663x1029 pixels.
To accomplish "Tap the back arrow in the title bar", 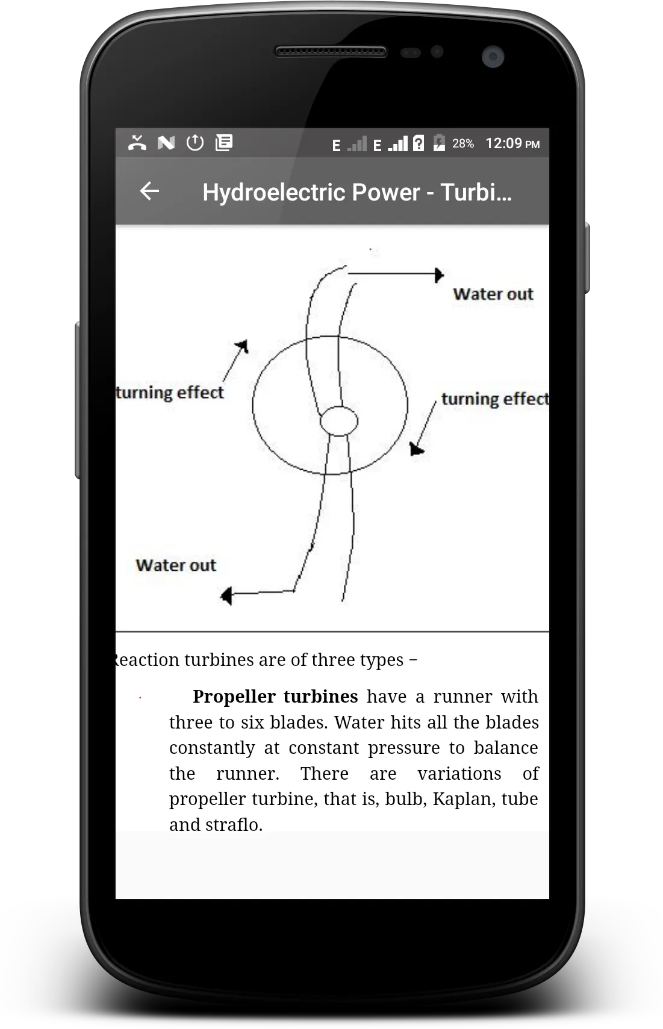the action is tap(149, 191).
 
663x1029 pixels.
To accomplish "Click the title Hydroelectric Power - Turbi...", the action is tap(357, 192).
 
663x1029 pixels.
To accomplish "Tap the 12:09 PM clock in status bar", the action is tap(512, 144).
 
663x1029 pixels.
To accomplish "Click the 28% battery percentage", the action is tap(462, 144).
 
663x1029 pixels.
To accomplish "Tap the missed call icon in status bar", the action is tap(137, 143).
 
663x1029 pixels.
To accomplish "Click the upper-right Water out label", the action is tap(493, 294).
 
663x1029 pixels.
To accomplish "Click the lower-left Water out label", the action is tap(175, 565).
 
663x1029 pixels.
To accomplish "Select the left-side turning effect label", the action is tap(170, 393).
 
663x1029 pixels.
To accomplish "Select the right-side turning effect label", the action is tap(495, 399).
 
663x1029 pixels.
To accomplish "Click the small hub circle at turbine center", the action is tap(339, 421).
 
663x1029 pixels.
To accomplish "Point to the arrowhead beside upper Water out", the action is tap(439, 276).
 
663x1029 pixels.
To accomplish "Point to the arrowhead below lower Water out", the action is tap(226, 596).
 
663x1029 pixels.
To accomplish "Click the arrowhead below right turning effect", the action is tap(416, 449).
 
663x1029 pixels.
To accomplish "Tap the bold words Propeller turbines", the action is tap(275, 697).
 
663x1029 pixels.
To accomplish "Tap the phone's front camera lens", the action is tap(493, 57).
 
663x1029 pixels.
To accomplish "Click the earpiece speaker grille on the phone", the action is tap(331, 51).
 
